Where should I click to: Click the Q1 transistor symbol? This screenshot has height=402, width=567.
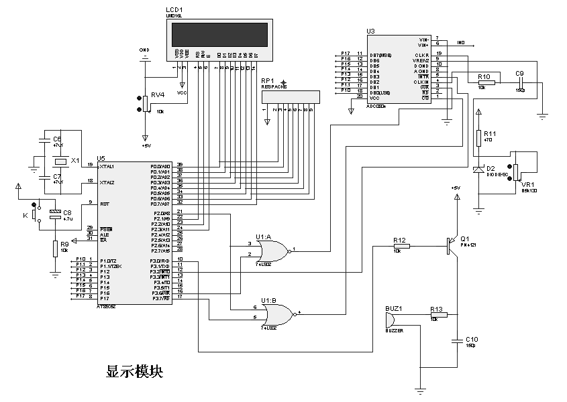pos(450,246)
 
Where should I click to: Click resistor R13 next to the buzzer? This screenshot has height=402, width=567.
pos(439,314)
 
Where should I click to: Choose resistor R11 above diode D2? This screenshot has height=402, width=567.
pos(478,137)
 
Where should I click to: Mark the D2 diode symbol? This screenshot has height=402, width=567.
pos(478,170)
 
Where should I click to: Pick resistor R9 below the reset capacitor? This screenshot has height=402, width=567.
pos(54,248)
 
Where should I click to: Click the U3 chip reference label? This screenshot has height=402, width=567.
pos(370,31)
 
